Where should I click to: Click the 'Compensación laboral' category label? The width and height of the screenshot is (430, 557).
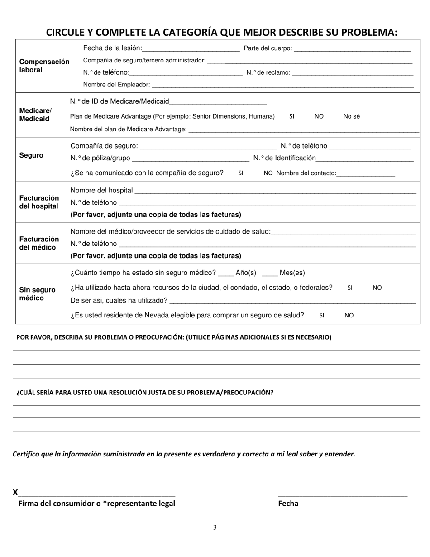[x=44, y=66]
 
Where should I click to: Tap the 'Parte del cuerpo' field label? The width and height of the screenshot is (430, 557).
[x=268, y=48]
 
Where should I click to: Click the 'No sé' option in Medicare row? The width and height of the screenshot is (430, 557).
[x=351, y=116]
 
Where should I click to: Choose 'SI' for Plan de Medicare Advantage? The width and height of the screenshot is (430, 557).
[x=291, y=116]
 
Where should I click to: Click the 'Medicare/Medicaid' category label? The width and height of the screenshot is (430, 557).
[x=35, y=115]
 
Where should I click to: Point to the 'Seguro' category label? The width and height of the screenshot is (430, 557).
[x=31, y=155]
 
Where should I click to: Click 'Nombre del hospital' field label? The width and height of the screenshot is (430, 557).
[x=102, y=190]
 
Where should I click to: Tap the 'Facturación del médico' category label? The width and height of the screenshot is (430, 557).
[x=39, y=243]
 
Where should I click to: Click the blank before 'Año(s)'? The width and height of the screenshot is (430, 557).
[x=225, y=274]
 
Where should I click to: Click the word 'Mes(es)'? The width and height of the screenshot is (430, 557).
[x=292, y=273]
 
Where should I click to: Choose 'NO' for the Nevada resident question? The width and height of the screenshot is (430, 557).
[x=349, y=316]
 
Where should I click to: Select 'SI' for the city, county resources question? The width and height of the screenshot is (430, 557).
[x=350, y=288]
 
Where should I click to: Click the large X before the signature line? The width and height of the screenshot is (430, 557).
[x=15, y=492]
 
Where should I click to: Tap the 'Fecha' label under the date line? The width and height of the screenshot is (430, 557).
[x=288, y=504]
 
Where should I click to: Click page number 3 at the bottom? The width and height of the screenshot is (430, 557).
[x=215, y=527]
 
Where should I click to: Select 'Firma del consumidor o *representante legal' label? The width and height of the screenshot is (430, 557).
[x=96, y=504]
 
